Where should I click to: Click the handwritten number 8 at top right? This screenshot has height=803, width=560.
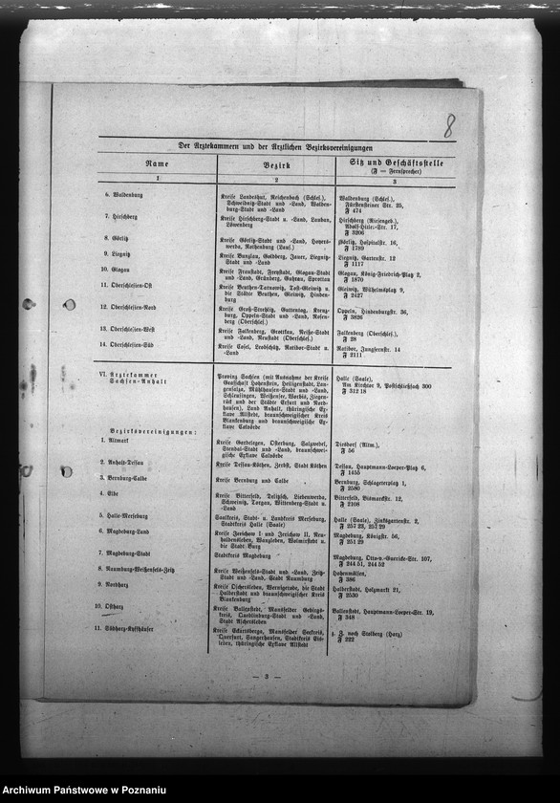pos(448,124)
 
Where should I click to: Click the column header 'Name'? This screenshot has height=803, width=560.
pos(156,164)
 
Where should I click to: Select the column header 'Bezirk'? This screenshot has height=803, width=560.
pos(276,164)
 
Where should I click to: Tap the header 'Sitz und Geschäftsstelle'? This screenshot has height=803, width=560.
pos(393,163)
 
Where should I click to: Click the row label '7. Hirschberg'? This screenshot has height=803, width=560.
pos(120,217)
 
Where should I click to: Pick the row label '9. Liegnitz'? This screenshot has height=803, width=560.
pos(118,253)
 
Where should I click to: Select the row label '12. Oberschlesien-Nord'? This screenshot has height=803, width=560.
pos(140,307)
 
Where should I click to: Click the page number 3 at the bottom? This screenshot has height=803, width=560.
pos(265,676)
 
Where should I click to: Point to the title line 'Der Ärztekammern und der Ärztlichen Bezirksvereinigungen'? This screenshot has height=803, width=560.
pos(276,146)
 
